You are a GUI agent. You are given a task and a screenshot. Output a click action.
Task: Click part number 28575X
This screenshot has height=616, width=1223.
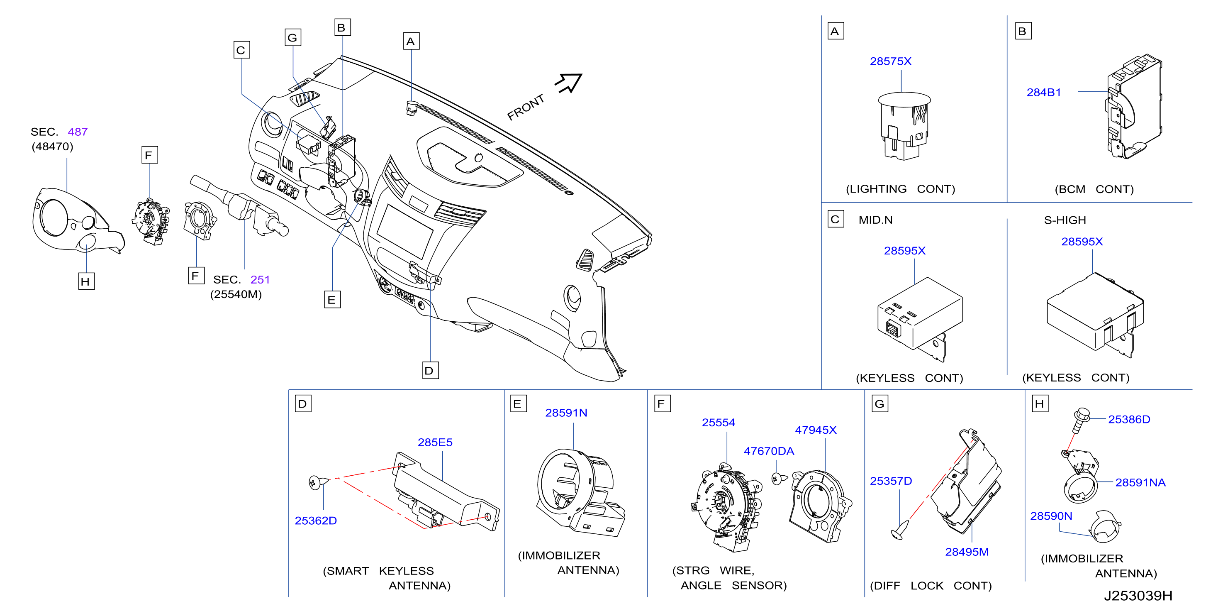[890, 61]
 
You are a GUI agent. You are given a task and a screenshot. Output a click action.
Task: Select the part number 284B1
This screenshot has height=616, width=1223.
[1043, 92]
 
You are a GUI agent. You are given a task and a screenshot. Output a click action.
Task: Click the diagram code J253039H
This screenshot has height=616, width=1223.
[1138, 596]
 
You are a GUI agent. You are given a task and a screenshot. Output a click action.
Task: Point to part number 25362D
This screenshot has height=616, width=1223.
[316, 521]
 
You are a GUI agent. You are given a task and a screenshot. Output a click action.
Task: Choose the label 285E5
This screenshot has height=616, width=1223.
[435, 442]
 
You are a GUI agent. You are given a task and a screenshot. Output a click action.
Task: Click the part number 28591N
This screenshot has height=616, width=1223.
[566, 413]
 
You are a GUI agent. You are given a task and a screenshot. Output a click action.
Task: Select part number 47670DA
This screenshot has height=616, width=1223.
[769, 451]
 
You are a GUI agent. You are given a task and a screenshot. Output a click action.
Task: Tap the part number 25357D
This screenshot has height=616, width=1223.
[891, 481]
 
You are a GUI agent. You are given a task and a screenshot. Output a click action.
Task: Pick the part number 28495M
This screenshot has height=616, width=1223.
[967, 552]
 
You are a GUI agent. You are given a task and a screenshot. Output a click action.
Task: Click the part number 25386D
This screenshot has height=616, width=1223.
[1129, 419]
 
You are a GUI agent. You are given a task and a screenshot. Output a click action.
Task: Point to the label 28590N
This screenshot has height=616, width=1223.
[1051, 516]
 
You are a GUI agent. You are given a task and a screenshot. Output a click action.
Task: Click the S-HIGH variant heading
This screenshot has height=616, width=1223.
[1065, 220]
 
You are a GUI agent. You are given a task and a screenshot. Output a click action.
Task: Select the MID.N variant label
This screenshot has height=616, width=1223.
[875, 220]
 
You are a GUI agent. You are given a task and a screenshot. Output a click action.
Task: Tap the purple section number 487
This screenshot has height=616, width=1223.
[78, 132]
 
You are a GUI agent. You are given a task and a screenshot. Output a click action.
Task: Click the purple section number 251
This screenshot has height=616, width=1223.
[260, 279]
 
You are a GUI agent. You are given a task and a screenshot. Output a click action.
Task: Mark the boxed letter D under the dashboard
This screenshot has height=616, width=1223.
[430, 370]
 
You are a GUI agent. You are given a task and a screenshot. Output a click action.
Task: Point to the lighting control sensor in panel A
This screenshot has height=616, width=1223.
[904, 125]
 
